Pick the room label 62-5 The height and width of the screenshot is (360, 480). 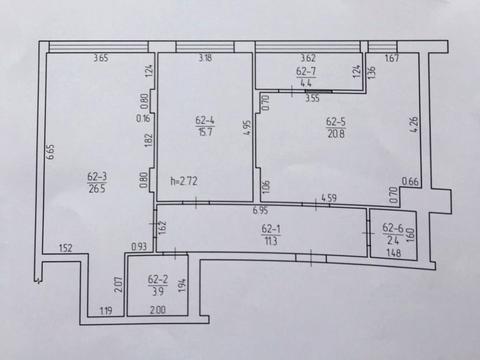pyautogui.click(x=336, y=122)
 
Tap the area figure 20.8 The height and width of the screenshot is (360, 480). pyautogui.click(x=336, y=133)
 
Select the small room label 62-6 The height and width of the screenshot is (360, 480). pyautogui.click(x=392, y=229)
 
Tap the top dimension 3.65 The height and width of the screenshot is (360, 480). pyautogui.click(x=99, y=58)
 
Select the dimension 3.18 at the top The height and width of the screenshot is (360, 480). pyautogui.click(x=204, y=58)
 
